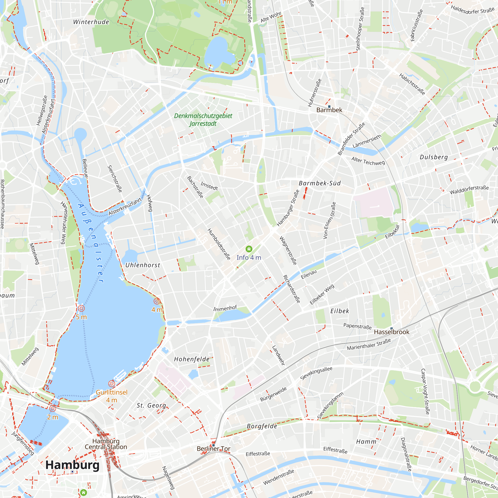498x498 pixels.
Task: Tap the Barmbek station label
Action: click(329, 110)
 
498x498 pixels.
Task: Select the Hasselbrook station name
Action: click(391, 332)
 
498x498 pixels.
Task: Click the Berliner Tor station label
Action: click(213, 449)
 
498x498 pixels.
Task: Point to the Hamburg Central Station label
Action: click(106, 444)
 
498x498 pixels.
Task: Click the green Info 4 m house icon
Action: click(249, 249)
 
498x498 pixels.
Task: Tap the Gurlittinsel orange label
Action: click(112, 392)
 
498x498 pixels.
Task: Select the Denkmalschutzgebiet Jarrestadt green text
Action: click(203, 120)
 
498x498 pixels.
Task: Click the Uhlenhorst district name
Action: click(142, 265)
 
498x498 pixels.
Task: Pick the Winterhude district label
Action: click(91, 22)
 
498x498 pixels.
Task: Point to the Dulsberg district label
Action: click(434, 157)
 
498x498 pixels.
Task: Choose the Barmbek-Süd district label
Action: click(320, 183)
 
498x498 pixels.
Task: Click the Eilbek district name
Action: click(340, 311)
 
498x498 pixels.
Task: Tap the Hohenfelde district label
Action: click(192, 359)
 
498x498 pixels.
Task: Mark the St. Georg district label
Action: click(151, 405)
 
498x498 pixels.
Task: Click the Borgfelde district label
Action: click(262, 426)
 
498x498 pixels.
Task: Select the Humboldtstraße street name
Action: click(219, 244)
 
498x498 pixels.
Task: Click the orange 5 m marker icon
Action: click(81, 308)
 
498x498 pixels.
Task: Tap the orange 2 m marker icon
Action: click(53, 408)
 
